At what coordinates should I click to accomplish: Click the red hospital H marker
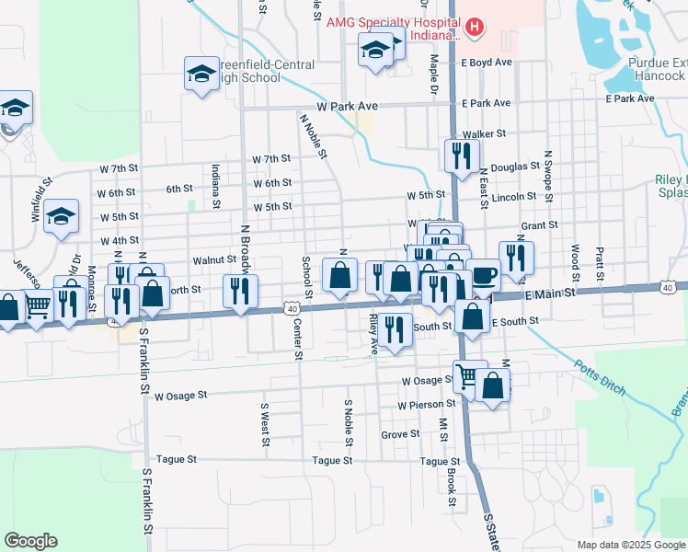[474, 28]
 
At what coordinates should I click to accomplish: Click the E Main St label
[550, 292]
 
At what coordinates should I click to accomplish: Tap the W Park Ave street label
[348, 107]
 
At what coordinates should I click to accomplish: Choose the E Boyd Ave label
[487, 63]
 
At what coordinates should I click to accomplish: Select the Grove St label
[400, 433]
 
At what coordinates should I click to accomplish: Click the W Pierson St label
[427, 404]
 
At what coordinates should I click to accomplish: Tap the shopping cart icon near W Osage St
[469, 375]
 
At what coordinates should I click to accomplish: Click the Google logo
[30, 541]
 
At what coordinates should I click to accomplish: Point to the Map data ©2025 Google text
[631, 545]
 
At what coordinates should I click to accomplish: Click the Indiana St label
[215, 185]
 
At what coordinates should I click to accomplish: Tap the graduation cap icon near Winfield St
[62, 218]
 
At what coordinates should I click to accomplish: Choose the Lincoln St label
[514, 197]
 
